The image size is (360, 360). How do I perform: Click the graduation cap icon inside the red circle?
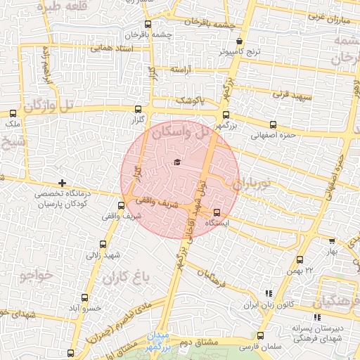[176, 162]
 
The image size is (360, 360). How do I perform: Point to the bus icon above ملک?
[13, 112]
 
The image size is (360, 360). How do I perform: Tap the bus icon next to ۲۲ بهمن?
[301, 260]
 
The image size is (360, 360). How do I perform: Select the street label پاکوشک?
[191, 100]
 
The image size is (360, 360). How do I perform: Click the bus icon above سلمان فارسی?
[261, 335]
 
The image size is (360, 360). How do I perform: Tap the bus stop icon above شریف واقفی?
[122, 206]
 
